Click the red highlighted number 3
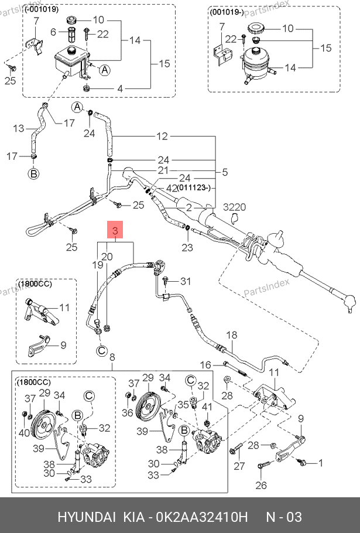pos(115,231)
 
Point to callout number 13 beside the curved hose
pos(19,128)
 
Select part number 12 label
pos(162,136)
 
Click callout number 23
pos(187,247)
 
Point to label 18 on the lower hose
pos(232,336)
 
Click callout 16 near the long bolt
pos(205,365)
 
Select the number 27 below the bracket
pos(239,467)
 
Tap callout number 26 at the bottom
pos(261,484)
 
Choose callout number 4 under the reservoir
pos(119,89)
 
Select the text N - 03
pos(284,518)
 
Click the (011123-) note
pos(197,188)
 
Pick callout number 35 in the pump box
pos(183,404)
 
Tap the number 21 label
pos(163,170)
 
